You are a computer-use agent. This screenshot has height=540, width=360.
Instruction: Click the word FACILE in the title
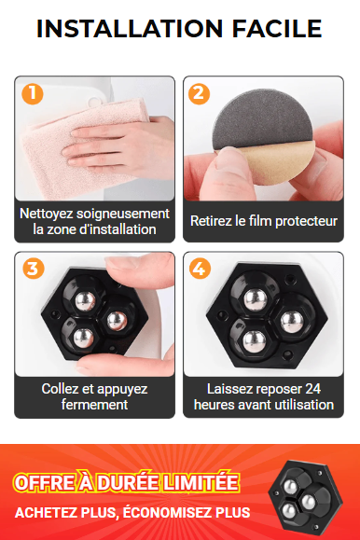tap(277, 29)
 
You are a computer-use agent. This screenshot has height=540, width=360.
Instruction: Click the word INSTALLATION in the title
tap(130, 29)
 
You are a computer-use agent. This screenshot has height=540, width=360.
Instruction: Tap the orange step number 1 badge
tap(33, 93)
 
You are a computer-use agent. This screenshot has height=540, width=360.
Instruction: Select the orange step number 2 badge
tap(200, 93)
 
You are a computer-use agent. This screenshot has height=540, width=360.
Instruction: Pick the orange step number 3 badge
tap(33, 269)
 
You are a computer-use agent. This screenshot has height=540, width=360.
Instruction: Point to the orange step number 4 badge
tap(200, 269)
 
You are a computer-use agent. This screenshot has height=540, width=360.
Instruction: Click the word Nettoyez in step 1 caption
tap(46, 214)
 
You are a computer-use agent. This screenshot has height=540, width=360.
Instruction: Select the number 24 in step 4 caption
tap(312, 389)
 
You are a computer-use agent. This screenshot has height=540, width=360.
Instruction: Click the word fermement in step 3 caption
tap(94, 405)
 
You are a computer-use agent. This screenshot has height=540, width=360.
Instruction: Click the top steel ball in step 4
tap(256, 299)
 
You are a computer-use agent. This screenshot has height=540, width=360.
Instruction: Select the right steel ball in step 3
tap(117, 320)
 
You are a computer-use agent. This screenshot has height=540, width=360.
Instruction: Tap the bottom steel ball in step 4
tap(255, 341)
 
